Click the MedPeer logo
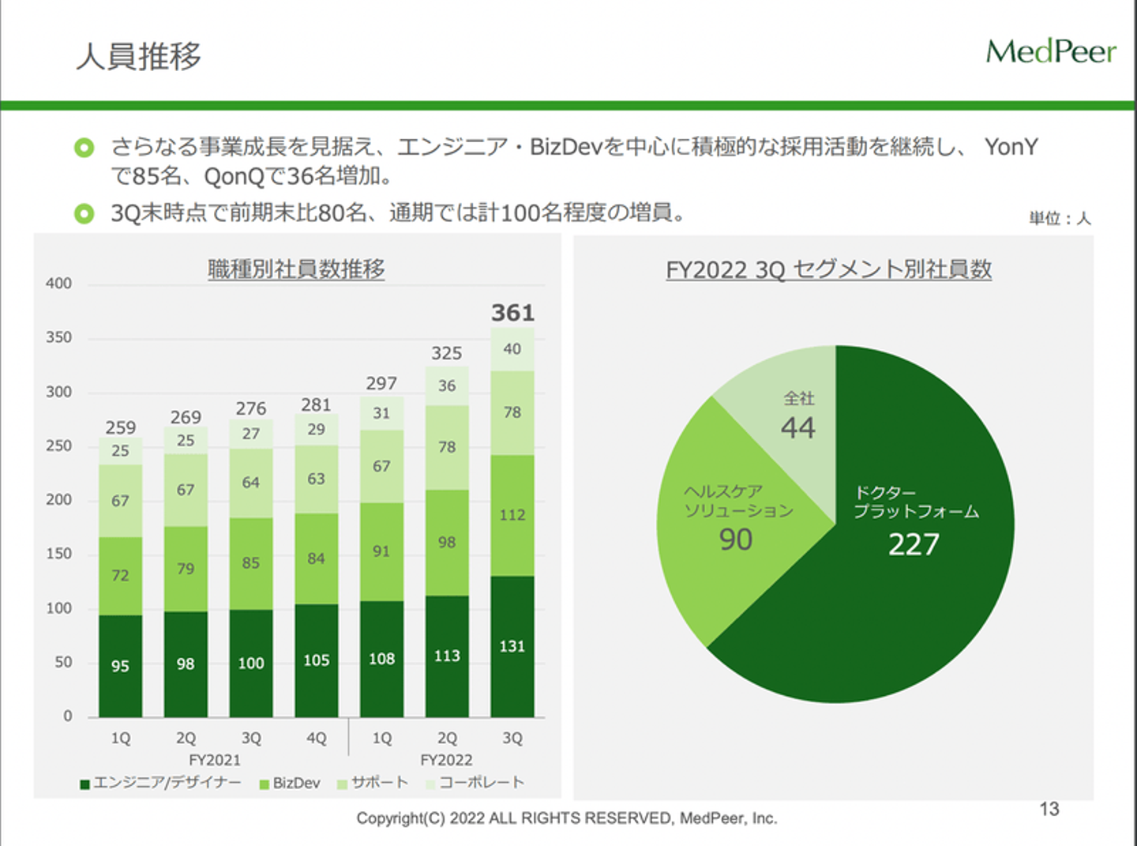[1050, 52]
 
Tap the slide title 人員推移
[139, 56]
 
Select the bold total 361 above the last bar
[512, 313]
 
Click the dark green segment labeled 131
[512, 646]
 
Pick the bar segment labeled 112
[512, 515]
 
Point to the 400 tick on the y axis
[58, 284]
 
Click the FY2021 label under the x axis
[215, 760]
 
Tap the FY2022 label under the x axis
[446, 760]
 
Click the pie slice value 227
[914, 544]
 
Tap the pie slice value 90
[735, 540]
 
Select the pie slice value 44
[797, 428]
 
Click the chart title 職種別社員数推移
[296, 269]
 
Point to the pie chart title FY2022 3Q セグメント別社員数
[828, 270]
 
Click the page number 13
[1049, 809]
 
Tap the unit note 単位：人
[1060, 218]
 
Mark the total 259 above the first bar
[120, 427]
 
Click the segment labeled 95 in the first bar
[120, 666]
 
